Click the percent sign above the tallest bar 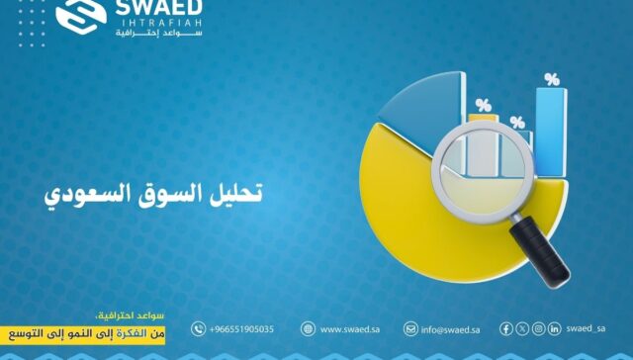coord(551,79)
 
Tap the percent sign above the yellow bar coord(483,105)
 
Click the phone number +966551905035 coord(241,329)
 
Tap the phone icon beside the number coord(199,329)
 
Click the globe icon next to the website coord(309,329)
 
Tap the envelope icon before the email coord(410,329)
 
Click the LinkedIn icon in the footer coord(555,328)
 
